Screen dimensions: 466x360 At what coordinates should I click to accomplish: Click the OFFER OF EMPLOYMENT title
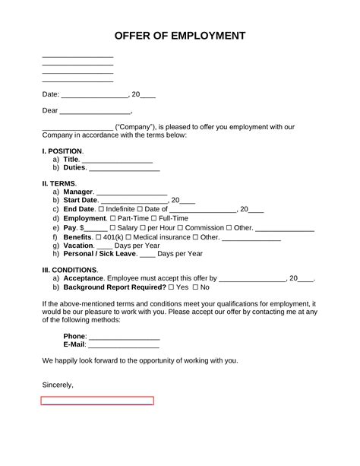point(180,36)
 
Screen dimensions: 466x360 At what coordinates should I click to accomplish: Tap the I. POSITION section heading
point(62,151)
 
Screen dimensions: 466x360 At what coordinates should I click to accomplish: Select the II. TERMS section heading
point(59,184)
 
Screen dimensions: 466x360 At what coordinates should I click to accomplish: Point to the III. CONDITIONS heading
point(70,270)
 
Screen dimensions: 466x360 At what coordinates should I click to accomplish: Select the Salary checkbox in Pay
point(113,227)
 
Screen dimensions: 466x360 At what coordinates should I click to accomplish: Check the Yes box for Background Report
point(172,288)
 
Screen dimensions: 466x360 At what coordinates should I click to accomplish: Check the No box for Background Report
point(196,288)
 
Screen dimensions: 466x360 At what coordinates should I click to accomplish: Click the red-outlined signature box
point(97,401)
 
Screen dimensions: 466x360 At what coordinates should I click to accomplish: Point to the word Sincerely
point(58,385)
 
